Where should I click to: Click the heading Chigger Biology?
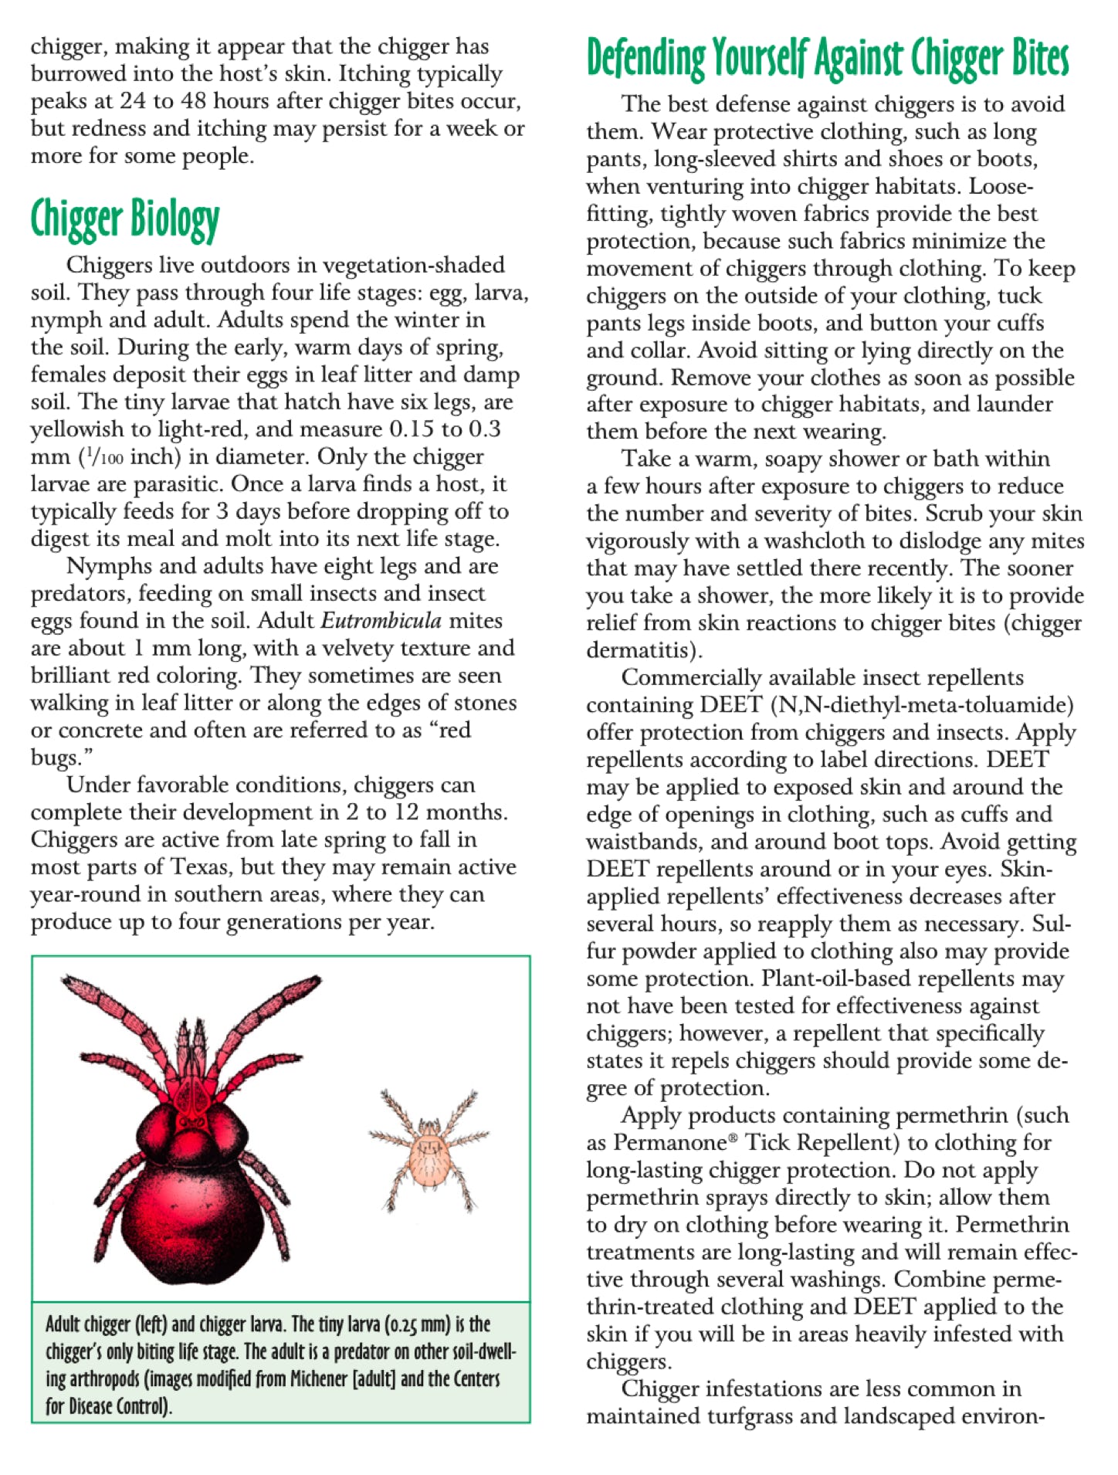(x=125, y=219)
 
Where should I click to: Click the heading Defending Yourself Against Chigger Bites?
(x=827, y=59)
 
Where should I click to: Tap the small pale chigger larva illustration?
(x=429, y=1151)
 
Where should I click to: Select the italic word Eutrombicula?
(x=381, y=621)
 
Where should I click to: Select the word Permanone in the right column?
(x=670, y=1143)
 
